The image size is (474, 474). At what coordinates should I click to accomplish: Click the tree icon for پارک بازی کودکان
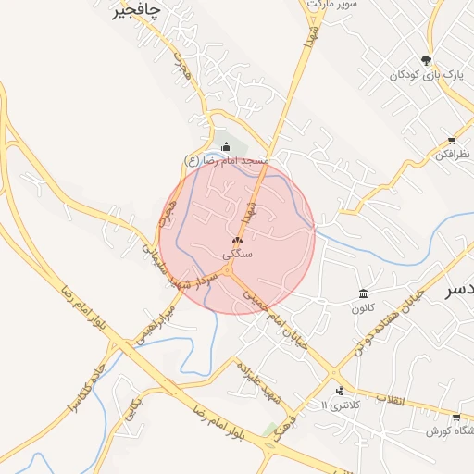pos(426,57)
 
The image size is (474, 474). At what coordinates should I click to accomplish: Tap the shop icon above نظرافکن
pos(451,141)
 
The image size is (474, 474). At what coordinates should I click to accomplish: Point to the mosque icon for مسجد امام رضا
pos(227,146)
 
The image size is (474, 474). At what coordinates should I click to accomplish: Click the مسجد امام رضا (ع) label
pos(227,161)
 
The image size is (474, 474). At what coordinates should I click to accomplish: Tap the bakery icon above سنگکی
pos(236,240)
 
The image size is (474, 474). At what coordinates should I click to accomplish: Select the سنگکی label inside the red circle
pos(237,253)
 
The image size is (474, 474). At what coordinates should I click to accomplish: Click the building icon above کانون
pos(363,293)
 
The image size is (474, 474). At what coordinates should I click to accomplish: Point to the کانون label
pos(363,307)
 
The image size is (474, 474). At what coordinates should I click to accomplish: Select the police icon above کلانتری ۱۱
pos(340,391)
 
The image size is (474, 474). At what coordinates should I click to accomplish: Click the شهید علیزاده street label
pos(258,381)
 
